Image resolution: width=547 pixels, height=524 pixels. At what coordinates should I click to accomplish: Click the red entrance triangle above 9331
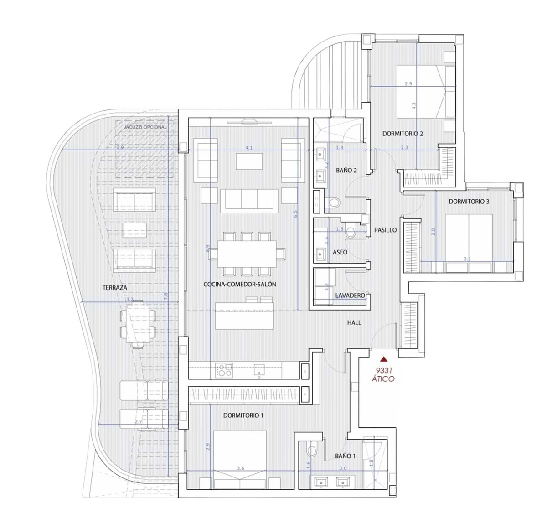coord(384,359)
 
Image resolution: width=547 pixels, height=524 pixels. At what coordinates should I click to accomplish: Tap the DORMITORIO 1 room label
coord(243,415)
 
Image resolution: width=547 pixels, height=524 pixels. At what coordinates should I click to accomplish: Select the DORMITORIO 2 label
coord(403,134)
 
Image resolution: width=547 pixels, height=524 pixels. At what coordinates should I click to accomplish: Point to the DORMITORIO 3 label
coord(469,201)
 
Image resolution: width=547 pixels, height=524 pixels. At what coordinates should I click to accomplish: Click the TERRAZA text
coord(115,287)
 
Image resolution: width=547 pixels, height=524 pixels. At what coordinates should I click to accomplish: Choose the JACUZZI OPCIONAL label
coord(142,127)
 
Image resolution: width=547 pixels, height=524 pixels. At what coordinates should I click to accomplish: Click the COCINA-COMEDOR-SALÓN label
coord(240,284)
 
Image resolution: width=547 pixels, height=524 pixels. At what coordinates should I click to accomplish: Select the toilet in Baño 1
coord(312,451)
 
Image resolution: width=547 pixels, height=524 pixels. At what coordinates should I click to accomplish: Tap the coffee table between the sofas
coord(249,162)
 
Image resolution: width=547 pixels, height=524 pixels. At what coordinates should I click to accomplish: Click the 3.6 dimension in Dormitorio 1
coord(241,468)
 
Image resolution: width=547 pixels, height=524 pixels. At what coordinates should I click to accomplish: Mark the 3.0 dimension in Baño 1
coord(343,468)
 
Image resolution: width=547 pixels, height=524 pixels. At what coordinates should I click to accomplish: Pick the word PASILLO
coord(385,230)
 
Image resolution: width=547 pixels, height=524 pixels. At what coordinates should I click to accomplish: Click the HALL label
coord(354,322)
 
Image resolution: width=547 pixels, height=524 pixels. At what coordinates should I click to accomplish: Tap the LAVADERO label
coord(350,296)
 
